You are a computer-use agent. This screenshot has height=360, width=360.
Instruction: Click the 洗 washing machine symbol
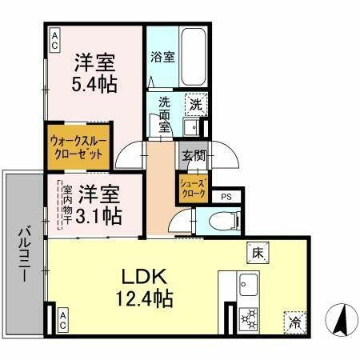(194, 103)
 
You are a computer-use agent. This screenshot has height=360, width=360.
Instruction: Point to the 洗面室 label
(163, 114)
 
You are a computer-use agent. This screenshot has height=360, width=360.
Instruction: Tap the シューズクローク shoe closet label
(191, 189)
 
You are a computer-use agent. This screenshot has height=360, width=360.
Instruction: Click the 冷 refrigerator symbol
(294, 322)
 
